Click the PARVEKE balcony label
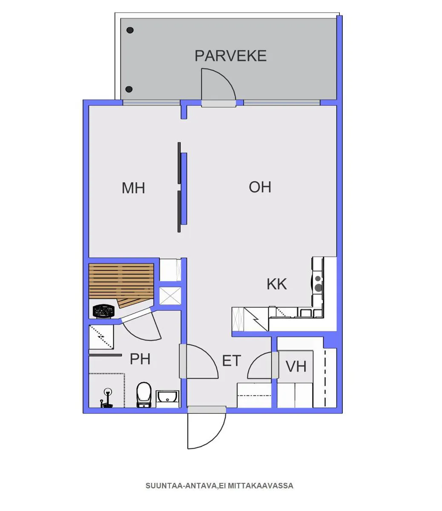230,56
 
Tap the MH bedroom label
133,188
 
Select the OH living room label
260,187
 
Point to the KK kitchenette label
277,284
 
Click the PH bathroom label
140,359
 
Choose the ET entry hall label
231,361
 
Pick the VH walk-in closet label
296,366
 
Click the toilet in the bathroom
144,395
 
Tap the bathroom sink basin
168,397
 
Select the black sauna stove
104,311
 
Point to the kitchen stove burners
318,283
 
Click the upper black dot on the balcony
130,30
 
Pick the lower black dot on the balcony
129,89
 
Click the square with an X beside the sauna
170,296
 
